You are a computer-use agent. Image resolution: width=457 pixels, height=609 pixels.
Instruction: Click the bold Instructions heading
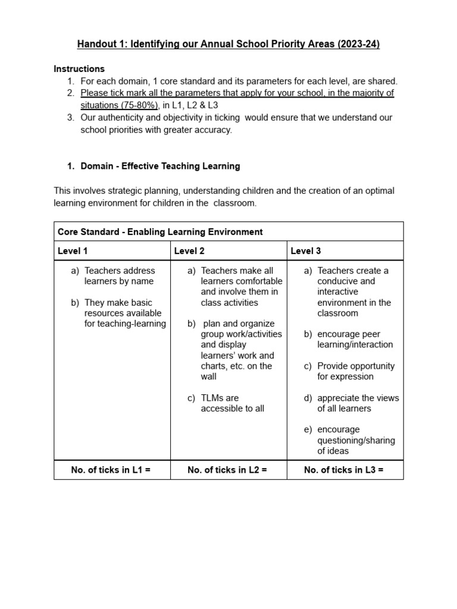(79, 69)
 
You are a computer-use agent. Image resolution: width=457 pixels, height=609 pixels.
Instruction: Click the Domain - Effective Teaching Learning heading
(160, 166)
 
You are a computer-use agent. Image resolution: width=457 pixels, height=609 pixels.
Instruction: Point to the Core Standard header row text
(160, 232)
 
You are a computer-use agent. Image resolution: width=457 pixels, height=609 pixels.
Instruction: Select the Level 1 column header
(73, 251)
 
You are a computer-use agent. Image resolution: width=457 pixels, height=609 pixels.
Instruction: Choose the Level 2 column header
(189, 251)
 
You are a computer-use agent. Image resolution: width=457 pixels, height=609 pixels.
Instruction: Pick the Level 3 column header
(306, 251)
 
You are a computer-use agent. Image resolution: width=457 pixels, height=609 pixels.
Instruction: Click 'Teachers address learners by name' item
(119, 276)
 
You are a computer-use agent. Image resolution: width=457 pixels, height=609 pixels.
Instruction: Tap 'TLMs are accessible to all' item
(232, 403)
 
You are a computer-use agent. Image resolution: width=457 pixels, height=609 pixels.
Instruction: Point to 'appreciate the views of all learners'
(358, 403)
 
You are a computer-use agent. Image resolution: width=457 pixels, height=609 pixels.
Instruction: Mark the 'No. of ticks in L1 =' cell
(111, 470)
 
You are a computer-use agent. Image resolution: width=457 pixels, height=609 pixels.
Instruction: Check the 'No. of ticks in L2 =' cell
(227, 470)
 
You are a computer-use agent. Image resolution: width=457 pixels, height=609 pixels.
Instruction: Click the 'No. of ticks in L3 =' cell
(344, 470)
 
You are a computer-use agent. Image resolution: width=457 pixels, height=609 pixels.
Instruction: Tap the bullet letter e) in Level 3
(308, 429)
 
